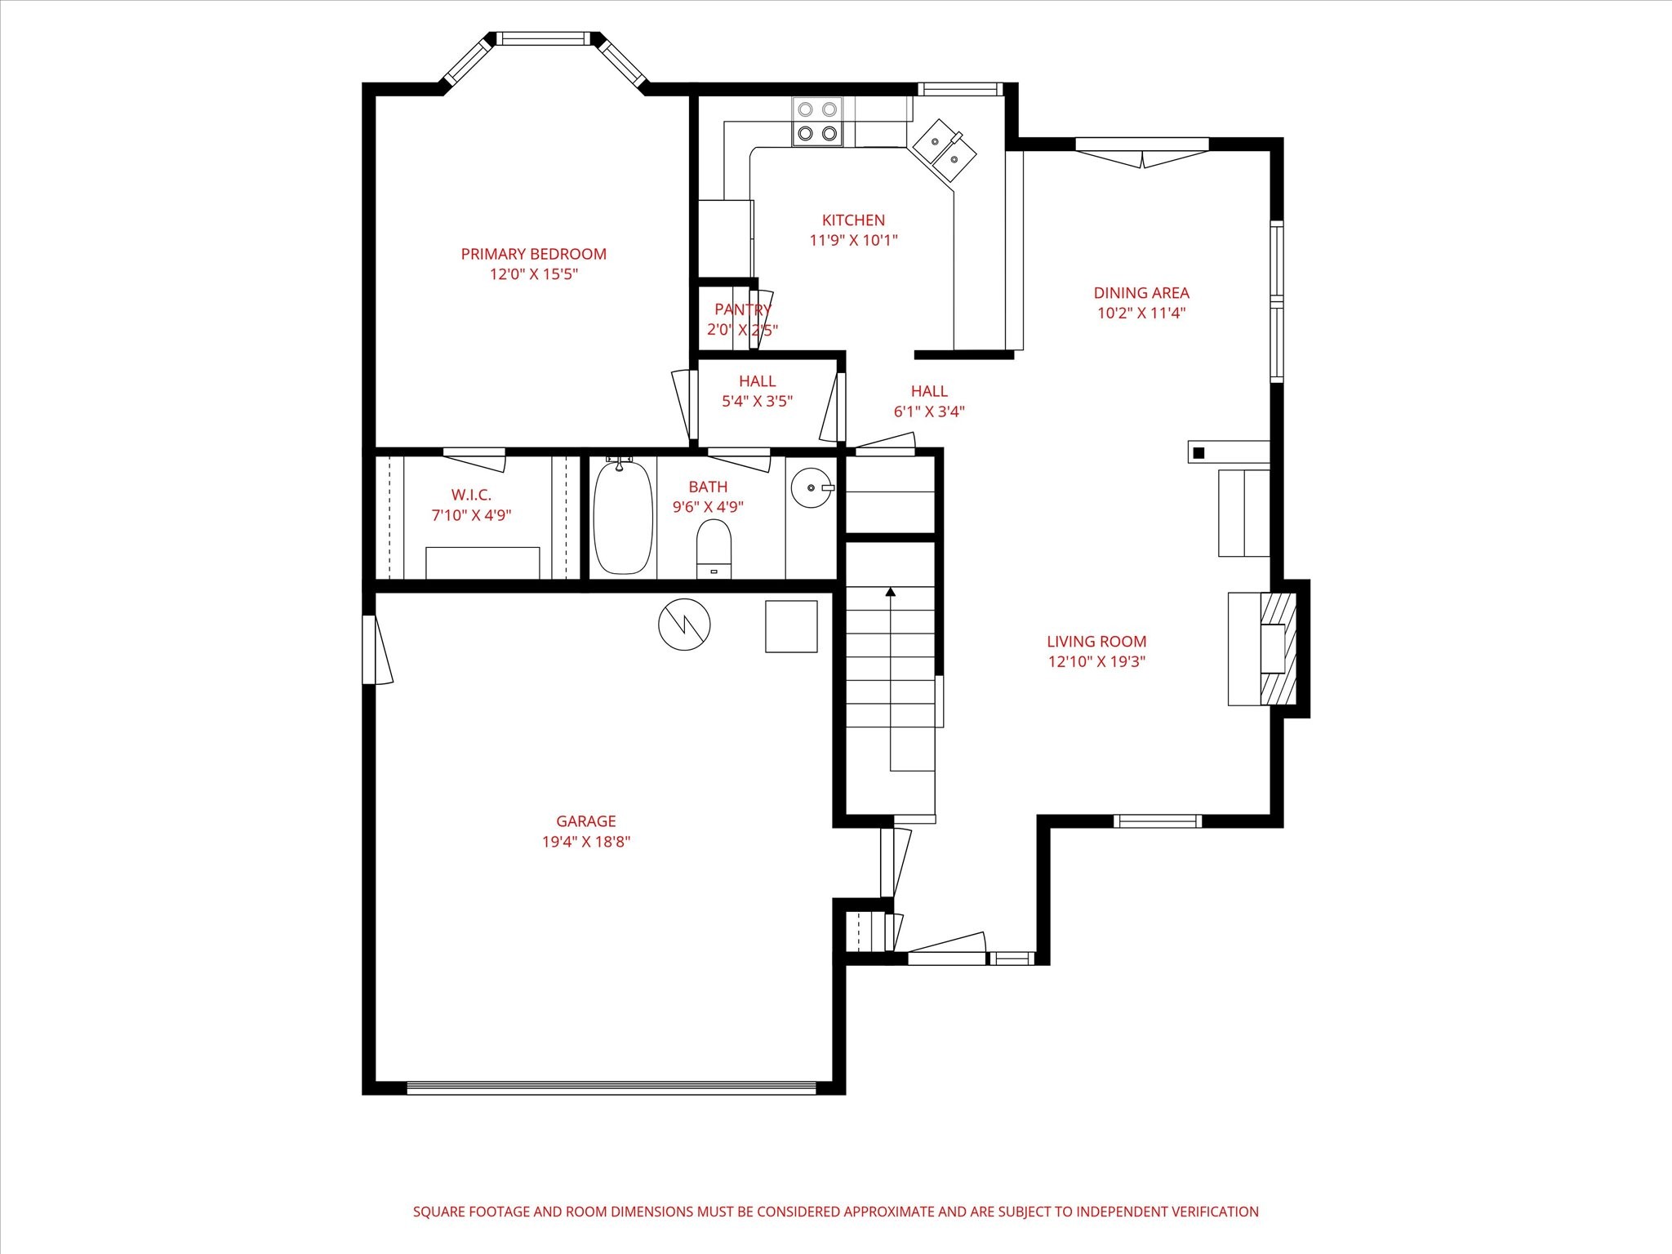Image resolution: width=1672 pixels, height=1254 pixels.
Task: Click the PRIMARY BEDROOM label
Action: (x=533, y=254)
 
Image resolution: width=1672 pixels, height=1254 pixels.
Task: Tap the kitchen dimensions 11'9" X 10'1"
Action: (x=853, y=240)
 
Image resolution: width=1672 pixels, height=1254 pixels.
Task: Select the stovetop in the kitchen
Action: (x=817, y=122)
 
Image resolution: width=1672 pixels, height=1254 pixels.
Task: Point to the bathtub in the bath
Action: (x=623, y=516)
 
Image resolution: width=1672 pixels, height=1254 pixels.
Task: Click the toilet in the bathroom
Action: (x=714, y=548)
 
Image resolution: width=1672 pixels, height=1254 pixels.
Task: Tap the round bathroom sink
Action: (x=812, y=487)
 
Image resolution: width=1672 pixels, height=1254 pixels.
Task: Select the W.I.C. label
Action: (x=471, y=495)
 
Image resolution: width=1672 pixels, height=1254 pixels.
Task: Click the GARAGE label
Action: (x=585, y=821)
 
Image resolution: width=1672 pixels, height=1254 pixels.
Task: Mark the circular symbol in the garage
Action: (x=684, y=625)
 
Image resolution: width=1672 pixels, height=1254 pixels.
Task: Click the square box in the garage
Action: (x=791, y=626)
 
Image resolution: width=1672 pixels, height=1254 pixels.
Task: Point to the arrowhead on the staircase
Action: (x=891, y=591)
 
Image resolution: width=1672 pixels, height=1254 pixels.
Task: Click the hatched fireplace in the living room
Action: (x=1278, y=648)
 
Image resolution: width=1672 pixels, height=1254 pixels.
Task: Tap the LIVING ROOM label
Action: (x=1096, y=642)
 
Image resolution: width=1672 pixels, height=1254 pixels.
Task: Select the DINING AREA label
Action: (x=1141, y=292)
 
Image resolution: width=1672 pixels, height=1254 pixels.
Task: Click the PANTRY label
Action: (x=741, y=309)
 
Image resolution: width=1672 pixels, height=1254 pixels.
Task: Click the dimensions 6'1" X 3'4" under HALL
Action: (x=929, y=411)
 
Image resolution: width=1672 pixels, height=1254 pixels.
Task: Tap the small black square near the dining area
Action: (x=1198, y=452)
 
